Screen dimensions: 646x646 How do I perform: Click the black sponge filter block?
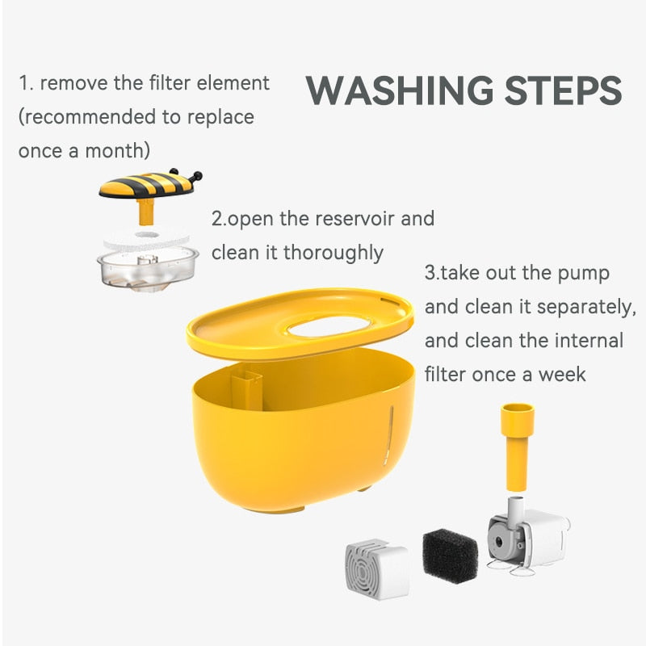click(450, 556)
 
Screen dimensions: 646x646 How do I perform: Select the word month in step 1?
click(119, 151)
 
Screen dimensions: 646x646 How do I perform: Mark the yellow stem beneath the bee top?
click(146, 212)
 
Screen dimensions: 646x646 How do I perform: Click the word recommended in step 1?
click(89, 117)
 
